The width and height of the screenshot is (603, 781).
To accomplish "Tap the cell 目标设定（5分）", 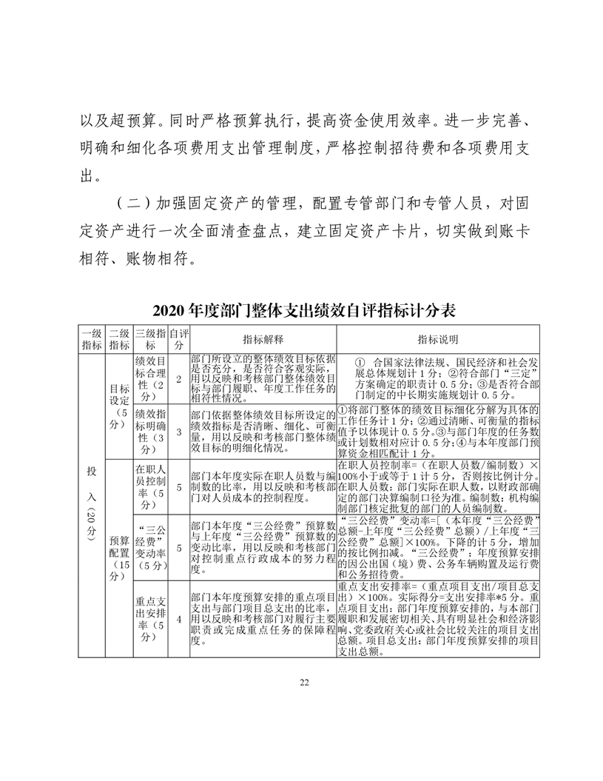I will point(118,406).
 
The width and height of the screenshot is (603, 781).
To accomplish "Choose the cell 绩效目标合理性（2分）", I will point(150,379).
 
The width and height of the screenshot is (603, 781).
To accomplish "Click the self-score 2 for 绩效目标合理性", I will point(178,379).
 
